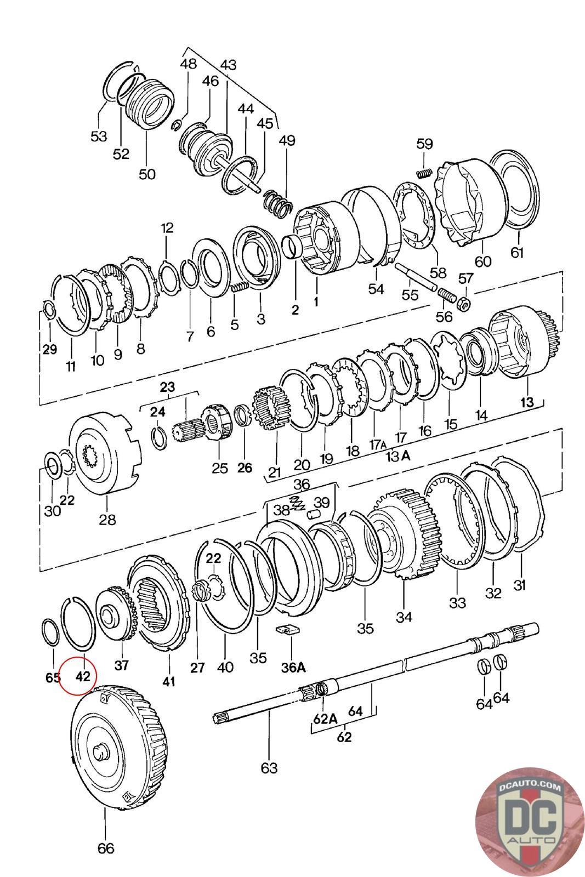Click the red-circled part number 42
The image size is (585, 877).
pos(82,676)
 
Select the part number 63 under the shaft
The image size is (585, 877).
pos(269,767)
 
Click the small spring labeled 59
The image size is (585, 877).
pos(423,174)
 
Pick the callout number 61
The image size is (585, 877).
pos(517,253)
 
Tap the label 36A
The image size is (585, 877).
pos(293,667)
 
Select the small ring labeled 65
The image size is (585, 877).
pos(51,633)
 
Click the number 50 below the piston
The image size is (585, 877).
pos(146,174)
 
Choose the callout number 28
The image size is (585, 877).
pos(107,519)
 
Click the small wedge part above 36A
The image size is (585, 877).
pos(288,629)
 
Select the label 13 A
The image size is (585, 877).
pos(397,455)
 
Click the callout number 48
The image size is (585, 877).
pos(188,64)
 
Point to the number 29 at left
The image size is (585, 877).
pos(49,350)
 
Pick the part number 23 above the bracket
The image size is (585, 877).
pos(167,387)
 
